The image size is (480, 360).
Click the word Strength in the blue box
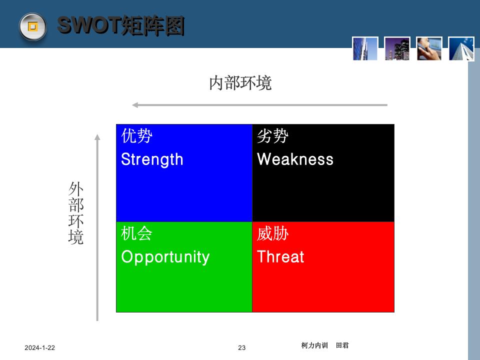click(152, 159)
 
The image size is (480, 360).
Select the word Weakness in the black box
click(295, 159)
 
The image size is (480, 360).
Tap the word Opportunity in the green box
click(165, 257)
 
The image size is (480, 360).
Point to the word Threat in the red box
click(280, 257)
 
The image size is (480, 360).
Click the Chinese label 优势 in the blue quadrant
click(136, 136)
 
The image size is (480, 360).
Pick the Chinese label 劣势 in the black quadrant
click(272, 136)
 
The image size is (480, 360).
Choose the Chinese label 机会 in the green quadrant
click(136, 233)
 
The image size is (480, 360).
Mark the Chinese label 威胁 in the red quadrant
click(272, 233)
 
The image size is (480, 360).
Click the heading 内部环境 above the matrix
click(240, 83)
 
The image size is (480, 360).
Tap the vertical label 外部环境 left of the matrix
click(76, 213)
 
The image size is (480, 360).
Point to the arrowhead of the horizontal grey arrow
click(135, 105)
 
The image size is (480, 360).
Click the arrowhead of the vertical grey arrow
click(97, 136)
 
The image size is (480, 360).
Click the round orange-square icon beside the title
click(33, 26)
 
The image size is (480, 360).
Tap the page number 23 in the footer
click(242, 348)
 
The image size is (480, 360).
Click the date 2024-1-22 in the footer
click(40, 348)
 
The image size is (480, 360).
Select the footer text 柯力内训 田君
click(325, 345)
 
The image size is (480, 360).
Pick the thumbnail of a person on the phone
click(429, 48)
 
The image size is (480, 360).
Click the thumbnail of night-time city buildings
click(397, 48)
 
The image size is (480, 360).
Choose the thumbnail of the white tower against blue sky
click(461, 48)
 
